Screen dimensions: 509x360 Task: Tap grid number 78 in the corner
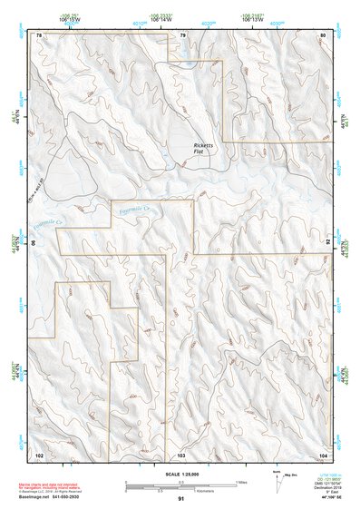(x=39, y=34)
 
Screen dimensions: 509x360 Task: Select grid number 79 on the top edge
(x=182, y=34)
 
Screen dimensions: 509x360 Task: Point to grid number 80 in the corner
(x=324, y=34)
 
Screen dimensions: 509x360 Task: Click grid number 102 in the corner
(x=39, y=453)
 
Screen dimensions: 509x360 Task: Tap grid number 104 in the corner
(x=323, y=453)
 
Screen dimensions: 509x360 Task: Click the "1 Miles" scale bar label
(x=242, y=481)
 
